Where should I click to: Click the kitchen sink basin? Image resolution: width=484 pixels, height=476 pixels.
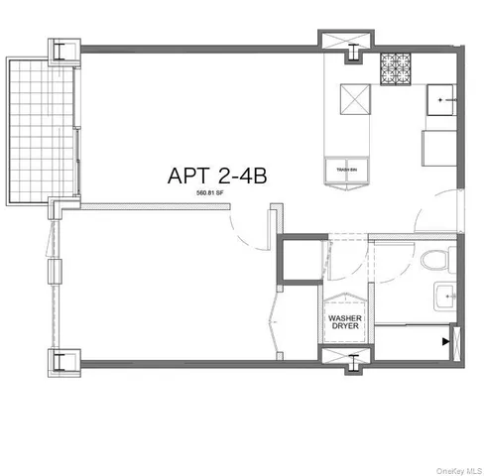coord(440,101)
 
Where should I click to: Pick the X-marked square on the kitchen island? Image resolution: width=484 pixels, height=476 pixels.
coord(354,99)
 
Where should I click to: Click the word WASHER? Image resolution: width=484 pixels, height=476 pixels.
coord(345,318)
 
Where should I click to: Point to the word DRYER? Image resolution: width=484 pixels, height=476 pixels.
coord(345,328)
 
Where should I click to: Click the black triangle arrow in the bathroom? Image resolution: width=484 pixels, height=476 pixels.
coord(443,341)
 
